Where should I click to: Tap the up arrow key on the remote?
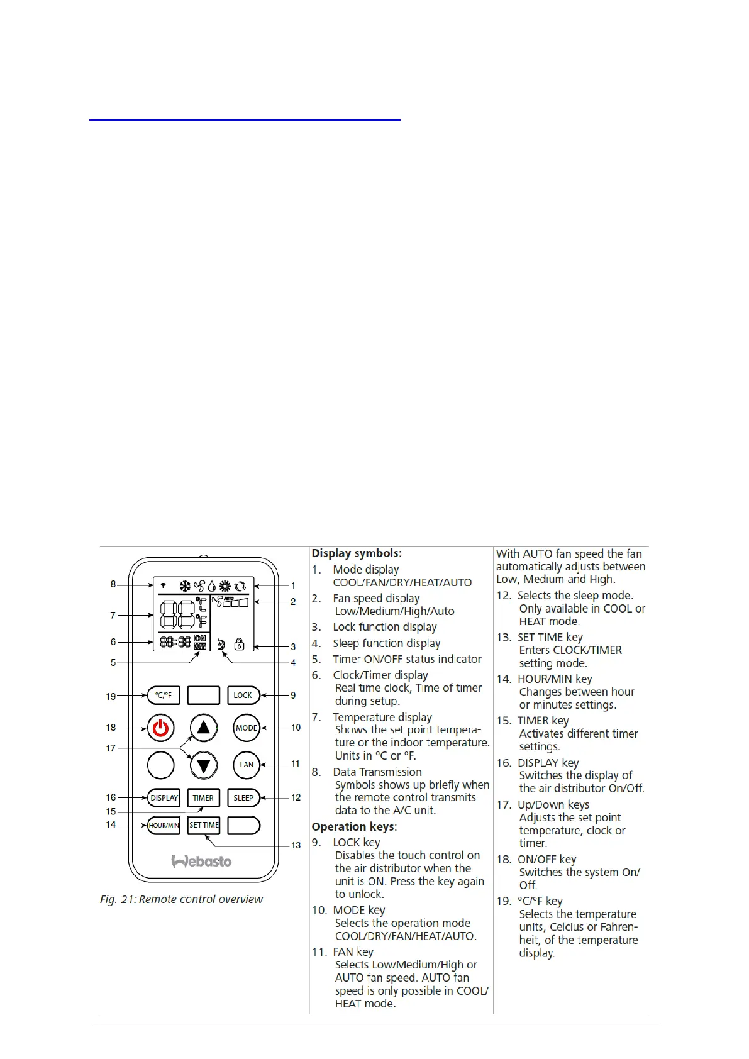coord(203,728)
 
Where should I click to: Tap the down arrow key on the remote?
coord(203,765)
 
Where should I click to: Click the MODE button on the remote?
coord(246,728)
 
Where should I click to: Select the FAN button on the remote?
coord(246,765)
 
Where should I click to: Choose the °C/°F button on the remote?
coord(163,695)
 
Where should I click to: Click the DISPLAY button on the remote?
coord(164,797)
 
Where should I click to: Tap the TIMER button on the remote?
coord(203,797)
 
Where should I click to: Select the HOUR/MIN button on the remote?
coord(164,825)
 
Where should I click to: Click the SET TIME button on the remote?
coord(204,825)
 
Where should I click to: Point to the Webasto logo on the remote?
coord(202,861)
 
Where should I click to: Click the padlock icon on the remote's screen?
coord(239,644)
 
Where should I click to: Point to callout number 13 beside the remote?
coord(296,845)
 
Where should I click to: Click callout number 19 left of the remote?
coord(111,696)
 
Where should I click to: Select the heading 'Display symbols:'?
coord(356,553)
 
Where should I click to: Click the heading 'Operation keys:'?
coord(354,826)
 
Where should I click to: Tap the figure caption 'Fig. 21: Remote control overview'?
coord(181,899)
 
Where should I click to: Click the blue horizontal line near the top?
coord(245,119)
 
